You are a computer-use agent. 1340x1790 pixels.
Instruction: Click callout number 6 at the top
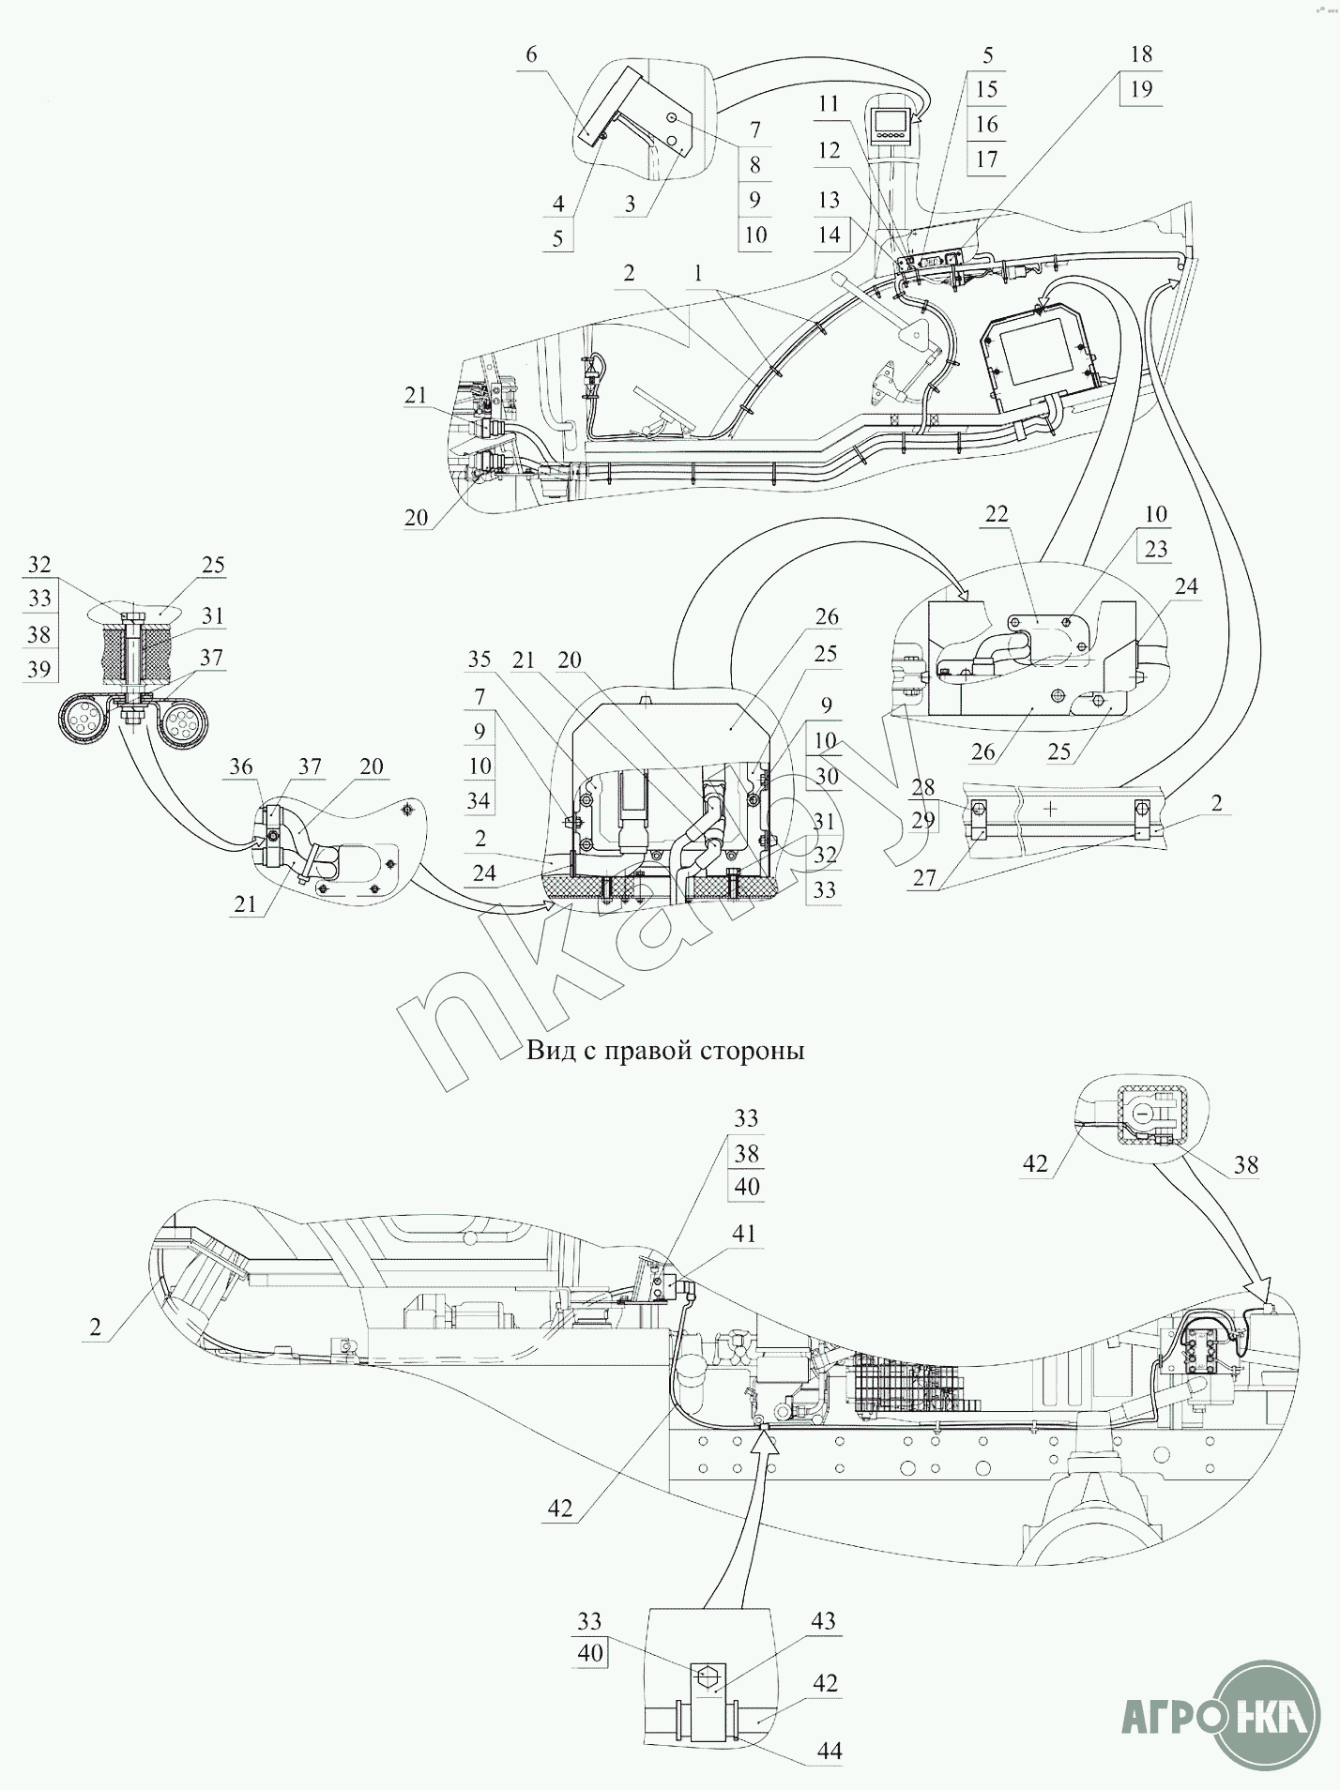pyautogui.click(x=531, y=54)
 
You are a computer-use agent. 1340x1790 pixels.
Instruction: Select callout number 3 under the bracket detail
pyautogui.click(x=630, y=204)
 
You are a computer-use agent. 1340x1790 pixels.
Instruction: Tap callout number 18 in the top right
pyautogui.click(x=1141, y=54)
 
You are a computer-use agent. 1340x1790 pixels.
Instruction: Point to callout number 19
pyautogui.click(x=1141, y=90)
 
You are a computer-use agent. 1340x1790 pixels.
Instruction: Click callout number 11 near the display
pyautogui.click(x=828, y=103)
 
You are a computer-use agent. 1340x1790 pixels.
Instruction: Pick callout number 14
pyautogui.click(x=828, y=235)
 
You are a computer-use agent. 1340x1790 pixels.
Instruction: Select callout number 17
pyautogui.click(x=986, y=159)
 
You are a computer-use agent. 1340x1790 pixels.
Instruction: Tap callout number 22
pyautogui.click(x=997, y=514)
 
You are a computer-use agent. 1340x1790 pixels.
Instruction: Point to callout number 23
pyautogui.click(x=1155, y=549)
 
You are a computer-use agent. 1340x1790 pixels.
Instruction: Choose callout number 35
pyautogui.click(x=480, y=659)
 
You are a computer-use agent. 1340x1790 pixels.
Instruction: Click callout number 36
pyautogui.click(x=241, y=766)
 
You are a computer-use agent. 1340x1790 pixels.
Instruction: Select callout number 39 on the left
pyautogui.click(x=38, y=668)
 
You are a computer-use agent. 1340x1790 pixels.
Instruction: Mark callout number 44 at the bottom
pyautogui.click(x=830, y=1751)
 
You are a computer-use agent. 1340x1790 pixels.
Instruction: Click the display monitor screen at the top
pyautogui.click(x=890, y=122)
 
